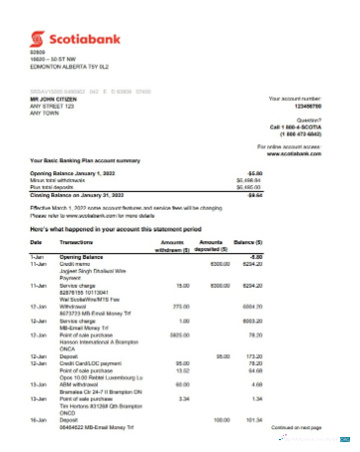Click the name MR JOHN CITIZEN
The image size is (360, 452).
[53, 100]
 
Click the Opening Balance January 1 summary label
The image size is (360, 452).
[78, 172]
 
